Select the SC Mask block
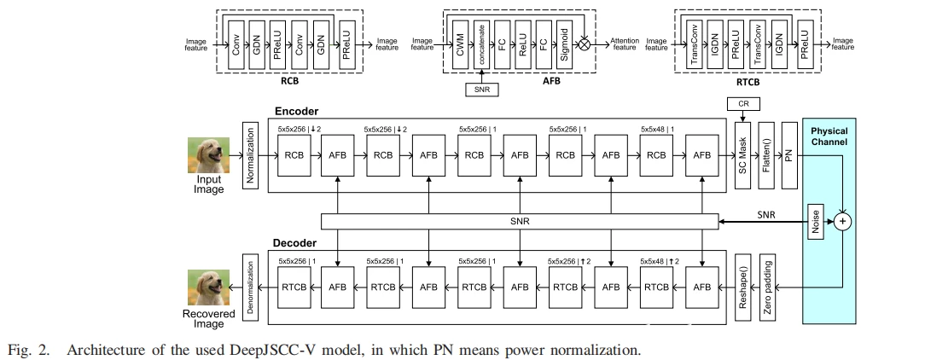742,157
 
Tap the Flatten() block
765,157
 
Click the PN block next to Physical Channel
788,157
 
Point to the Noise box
814,221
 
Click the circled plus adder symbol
844,221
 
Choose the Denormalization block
250,287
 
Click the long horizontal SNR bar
520,222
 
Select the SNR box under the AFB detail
481,87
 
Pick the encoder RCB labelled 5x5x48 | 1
656,156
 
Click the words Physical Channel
829,136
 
